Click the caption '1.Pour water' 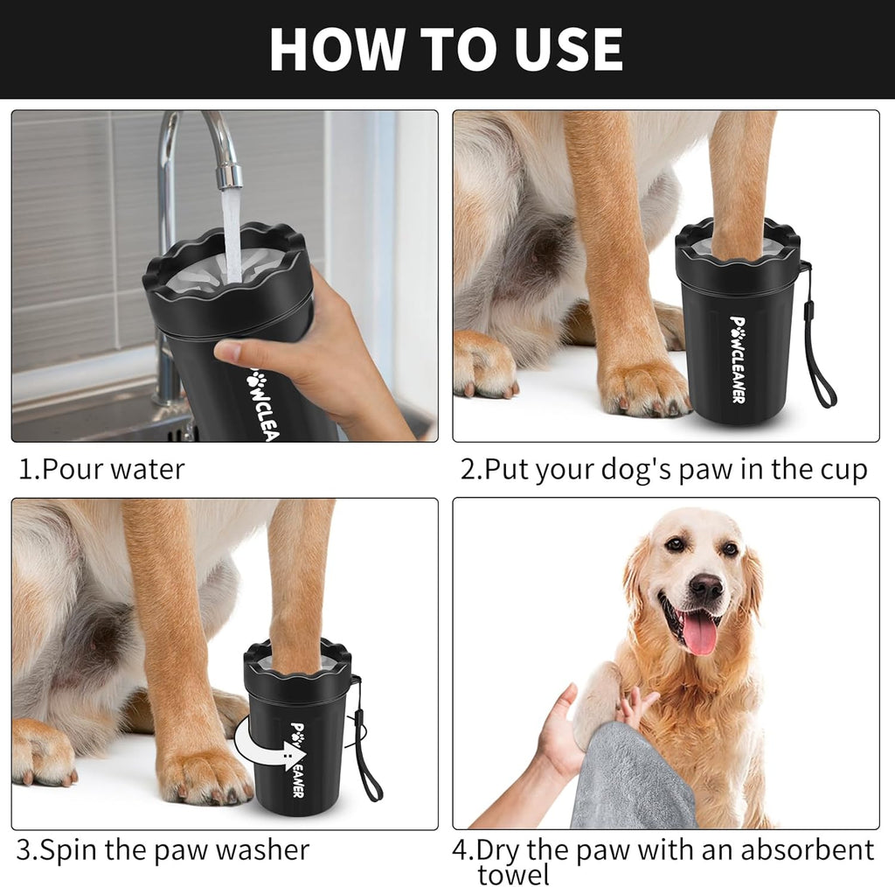102,470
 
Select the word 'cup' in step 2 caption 837,470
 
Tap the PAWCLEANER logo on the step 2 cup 738,359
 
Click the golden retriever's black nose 706,587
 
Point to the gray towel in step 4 629,779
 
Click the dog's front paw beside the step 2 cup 642,385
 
